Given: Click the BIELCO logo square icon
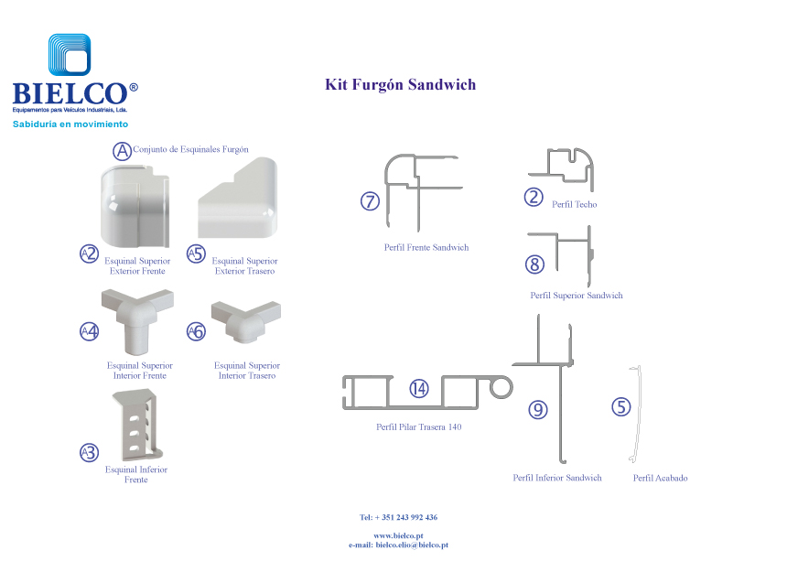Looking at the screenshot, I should click(x=70, y=57).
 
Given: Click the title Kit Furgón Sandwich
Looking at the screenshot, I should click(x=400, y=85).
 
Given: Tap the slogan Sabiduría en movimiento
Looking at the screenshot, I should click(x=70, y=124).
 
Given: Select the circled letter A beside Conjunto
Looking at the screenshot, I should click(x=122, y=149).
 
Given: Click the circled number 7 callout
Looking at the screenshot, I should click(x=370, y=201).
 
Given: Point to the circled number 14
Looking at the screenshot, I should click(x=418, y=388).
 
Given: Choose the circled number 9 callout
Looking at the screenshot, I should click(x=538, y=410).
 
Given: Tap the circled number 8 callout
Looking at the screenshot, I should click(x=535, y=264).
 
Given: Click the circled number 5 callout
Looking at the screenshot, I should click(x=621, y=406).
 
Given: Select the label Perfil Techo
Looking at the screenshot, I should click(x=574, y=204).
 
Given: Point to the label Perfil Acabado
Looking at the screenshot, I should click(x=660, y=478).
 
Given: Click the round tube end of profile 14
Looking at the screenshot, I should click(x=501, y=388).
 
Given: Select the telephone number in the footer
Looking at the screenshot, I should click(x=398, y=517).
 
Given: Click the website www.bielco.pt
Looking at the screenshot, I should click(x=398, y=535).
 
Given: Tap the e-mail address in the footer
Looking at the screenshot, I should click(x=398, y=545).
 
